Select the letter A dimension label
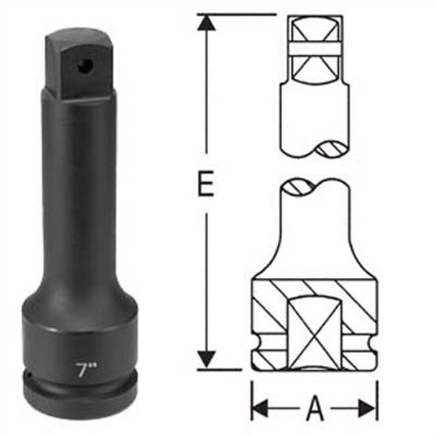coord(315,408)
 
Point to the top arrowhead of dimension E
coord(206,22)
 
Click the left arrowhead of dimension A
coord(260,408)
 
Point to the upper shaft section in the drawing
coord(314,118)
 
